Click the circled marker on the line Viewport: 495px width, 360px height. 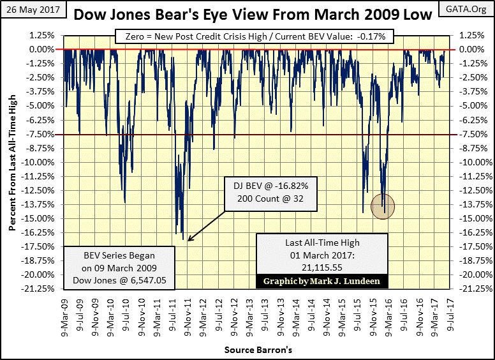pyautogui.click(x=382, y=206)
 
